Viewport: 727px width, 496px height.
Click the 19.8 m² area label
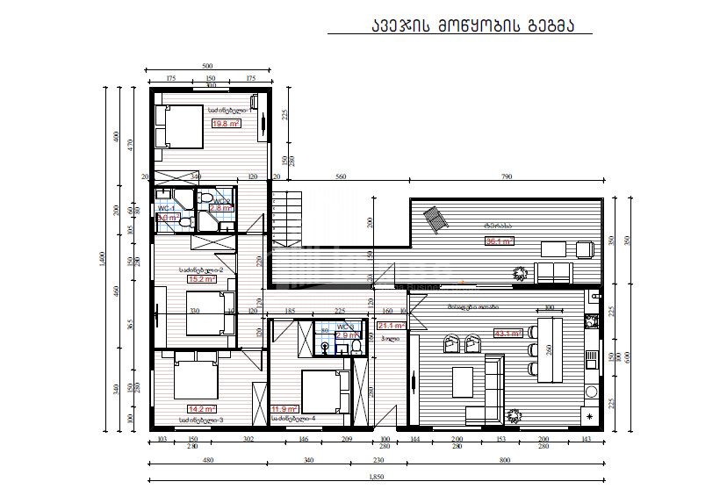227,125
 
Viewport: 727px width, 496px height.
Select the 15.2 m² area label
202,279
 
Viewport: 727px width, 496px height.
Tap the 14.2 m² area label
202,408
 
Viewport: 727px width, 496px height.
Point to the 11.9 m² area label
284,409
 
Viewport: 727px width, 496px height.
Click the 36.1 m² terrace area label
500,241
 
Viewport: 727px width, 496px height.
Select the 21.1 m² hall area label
389,325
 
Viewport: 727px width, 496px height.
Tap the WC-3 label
346,327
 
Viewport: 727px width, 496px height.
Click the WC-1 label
166,208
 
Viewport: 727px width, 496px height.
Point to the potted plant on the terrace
521,273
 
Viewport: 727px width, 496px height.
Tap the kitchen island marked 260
549,349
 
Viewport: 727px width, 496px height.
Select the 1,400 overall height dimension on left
103,258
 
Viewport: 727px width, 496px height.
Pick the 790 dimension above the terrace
507,177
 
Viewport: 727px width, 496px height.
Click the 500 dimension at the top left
207,67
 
